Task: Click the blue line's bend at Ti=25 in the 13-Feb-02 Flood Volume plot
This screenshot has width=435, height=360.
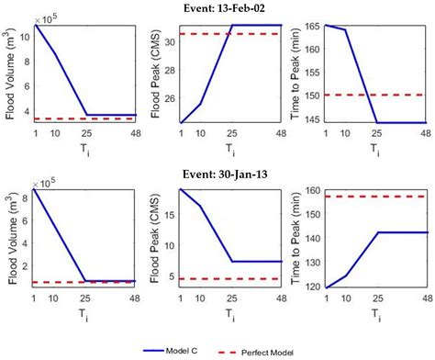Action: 84,115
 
